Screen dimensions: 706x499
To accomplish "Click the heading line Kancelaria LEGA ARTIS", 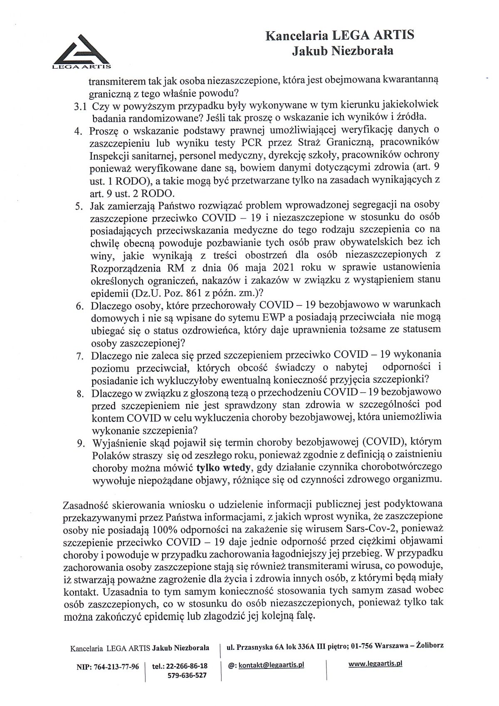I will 340,36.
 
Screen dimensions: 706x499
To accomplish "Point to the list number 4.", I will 79,131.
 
